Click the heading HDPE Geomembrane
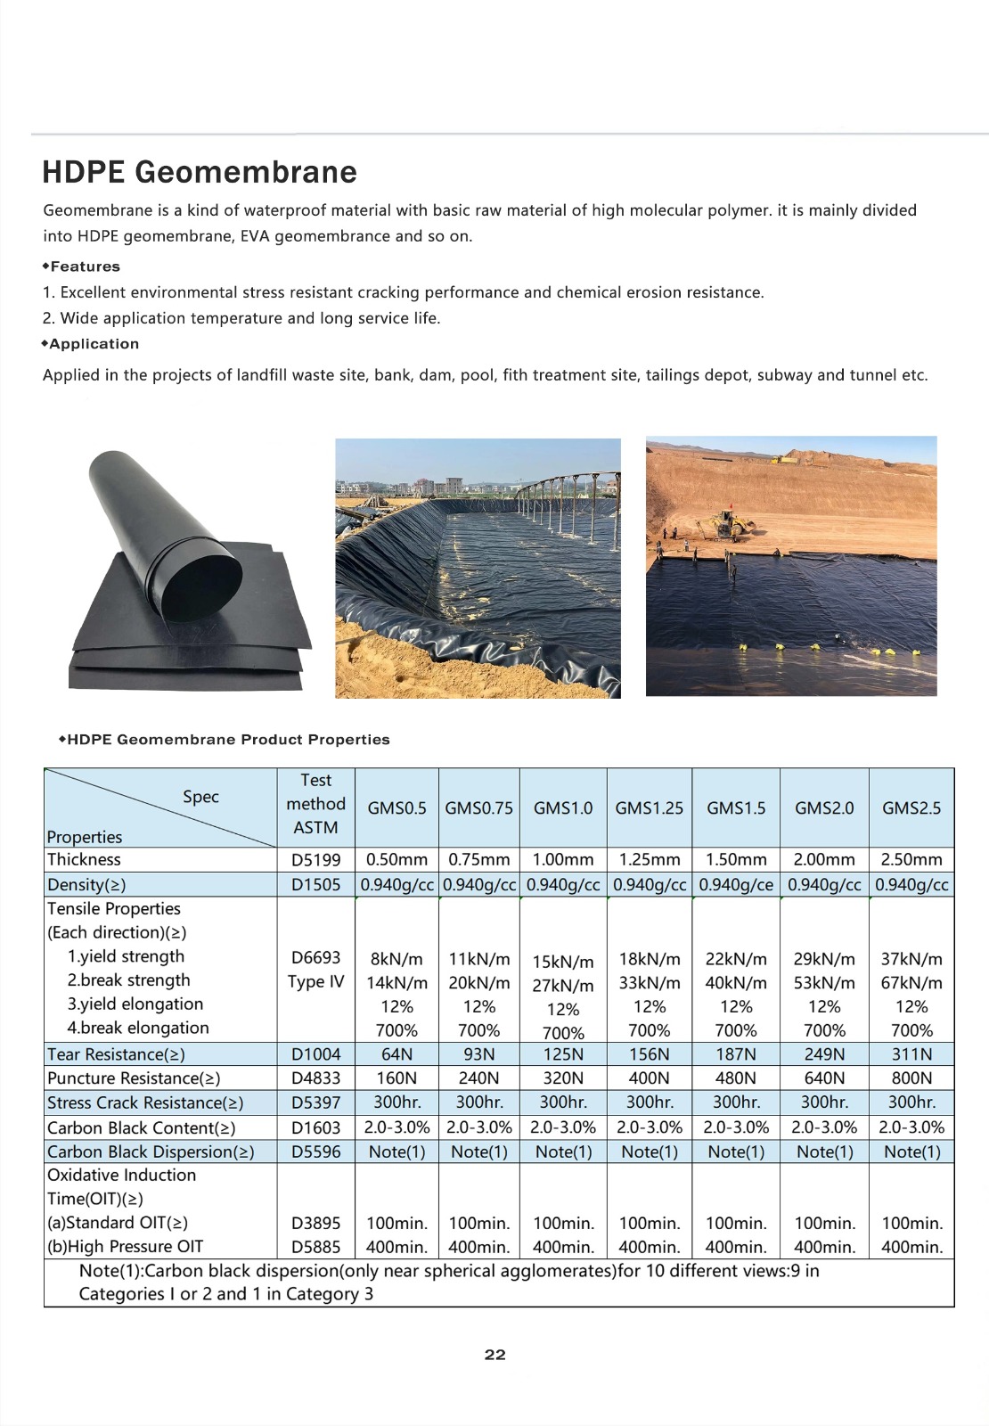[x=200, y=172]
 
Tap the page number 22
[x=494, y=1355]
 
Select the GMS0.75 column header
[x=478, y=808]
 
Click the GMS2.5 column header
[x=911, y=808]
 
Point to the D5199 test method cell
[x=315, y=860]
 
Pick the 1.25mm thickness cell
[x=649, y=860]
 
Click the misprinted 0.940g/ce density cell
[x=735, y=885]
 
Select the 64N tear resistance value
[x=396, y=1054]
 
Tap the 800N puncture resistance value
[x=911, y=1078]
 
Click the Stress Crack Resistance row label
[x=145, y=1103]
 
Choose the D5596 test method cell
[x=315, y=1151]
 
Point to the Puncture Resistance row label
[x=134, y=1078]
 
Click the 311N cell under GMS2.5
[x=911, y=1054]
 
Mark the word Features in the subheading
[x=85, y=266]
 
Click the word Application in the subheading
[x=94, y=344]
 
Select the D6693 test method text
[x=315, y=958]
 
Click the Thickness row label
[x=84, y=860]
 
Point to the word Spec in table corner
[x=200, y=797]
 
